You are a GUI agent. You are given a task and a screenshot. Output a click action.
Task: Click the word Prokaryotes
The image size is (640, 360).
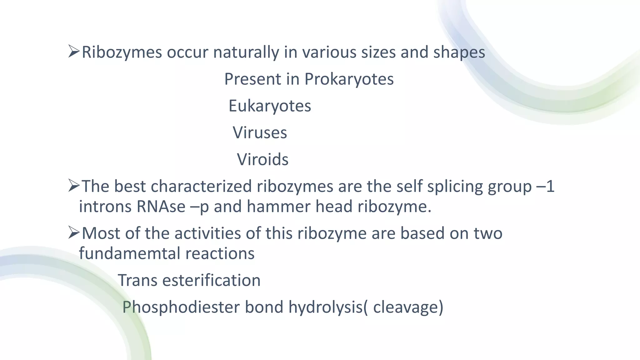tap(349, 79)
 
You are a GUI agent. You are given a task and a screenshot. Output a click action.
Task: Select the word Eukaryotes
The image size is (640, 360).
tap(270, 106)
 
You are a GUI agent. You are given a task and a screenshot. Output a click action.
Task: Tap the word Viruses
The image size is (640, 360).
tap(260, 133)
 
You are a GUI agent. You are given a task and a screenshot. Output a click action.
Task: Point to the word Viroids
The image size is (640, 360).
tap(262, 160)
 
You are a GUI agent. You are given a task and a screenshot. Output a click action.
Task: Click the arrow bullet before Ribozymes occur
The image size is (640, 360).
tap(74, 52)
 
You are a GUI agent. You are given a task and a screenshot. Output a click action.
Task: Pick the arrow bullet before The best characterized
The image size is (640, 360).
tap(74, 186)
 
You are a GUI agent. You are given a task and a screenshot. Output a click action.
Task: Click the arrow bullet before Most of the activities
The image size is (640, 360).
tap(74, 233)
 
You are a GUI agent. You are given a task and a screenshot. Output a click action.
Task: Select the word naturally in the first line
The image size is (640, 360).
tap(246, 52)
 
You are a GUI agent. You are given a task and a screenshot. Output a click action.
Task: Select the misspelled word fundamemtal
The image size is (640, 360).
tap(129, 253)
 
